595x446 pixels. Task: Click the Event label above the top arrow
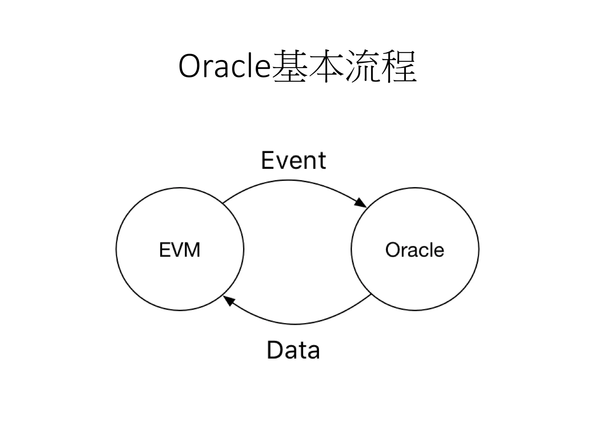[x=293, y=160]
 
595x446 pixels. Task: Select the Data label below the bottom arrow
[x=293, y=350]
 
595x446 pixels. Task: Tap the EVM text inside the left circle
[x=180, y=250]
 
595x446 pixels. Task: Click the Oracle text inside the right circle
[x=415, y=250]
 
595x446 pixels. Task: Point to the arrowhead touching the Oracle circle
[x=360, y=203]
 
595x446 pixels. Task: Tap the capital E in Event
[x=268, y=160]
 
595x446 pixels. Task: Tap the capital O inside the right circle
[x=393, y=250]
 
